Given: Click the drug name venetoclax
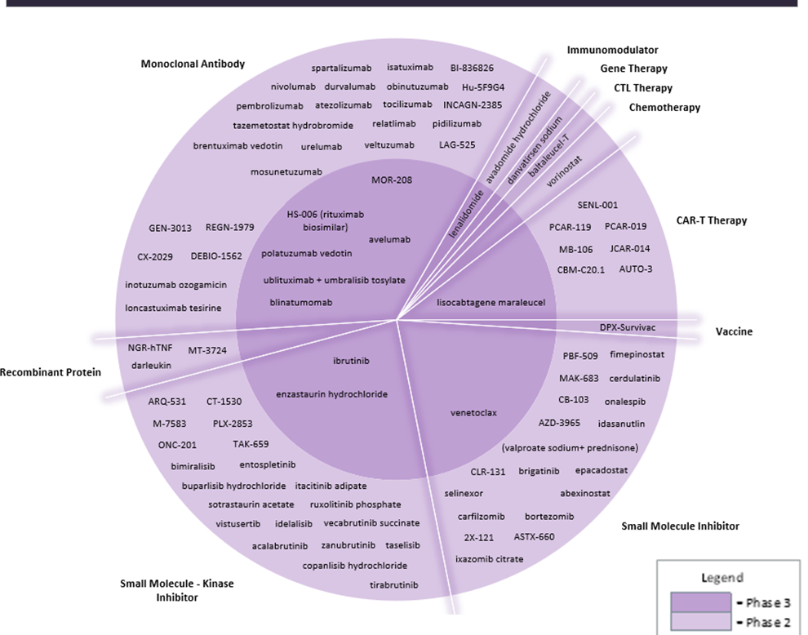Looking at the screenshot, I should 473,413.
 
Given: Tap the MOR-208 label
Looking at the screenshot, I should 392,180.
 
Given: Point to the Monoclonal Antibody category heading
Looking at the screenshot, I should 193,64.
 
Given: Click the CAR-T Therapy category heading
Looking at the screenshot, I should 712,220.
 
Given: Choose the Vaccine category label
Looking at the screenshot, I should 734,331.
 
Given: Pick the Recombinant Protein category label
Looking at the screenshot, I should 51,372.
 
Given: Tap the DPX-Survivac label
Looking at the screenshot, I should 628,327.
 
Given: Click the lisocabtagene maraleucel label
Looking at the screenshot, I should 491,302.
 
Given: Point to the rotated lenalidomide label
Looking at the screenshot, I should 467,214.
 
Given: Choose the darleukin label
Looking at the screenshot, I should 151,365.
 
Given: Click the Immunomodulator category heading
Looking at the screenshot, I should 612,51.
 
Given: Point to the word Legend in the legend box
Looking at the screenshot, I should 722,578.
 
